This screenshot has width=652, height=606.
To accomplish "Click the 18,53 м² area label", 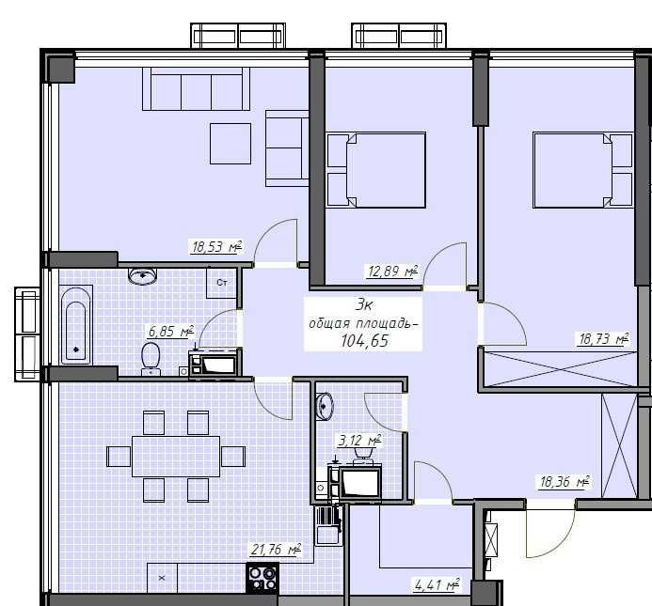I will (216, 248).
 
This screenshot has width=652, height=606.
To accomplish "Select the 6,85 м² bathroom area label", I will (169, 331).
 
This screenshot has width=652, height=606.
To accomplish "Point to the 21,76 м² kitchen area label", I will (275, 549).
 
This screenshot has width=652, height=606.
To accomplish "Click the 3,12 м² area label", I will (359, 439).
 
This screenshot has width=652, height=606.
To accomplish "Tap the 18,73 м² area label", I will (601, 339).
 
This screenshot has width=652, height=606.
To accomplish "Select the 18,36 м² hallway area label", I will (563, 483).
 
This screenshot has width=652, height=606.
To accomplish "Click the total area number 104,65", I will (365, 340).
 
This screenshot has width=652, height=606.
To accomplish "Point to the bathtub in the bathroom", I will (75, 325).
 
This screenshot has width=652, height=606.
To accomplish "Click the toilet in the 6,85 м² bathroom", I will (150, 358).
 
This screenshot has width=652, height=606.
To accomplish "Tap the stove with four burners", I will (262, 576).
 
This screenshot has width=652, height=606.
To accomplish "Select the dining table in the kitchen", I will (176, 456).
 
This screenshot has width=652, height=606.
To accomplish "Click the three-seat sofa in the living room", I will (196, 89).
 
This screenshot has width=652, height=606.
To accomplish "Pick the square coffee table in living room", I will (230, 143).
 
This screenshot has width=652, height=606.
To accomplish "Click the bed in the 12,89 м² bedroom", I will (375, 170).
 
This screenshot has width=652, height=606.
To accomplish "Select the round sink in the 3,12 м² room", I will (324, 406).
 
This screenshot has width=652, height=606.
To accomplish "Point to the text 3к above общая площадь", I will (364, 304).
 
